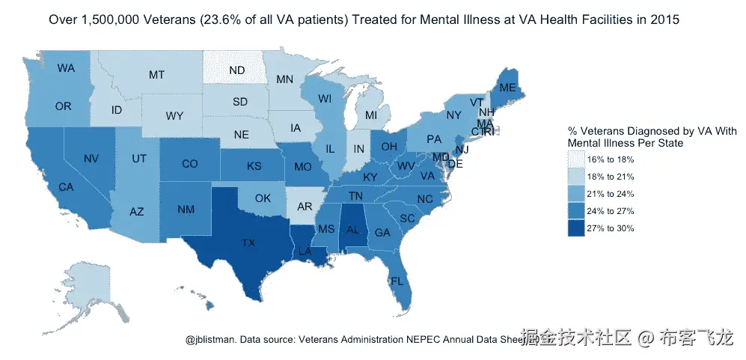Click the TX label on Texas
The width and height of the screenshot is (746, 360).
click(247, 242)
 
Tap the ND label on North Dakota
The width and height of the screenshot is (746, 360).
click(237, 70)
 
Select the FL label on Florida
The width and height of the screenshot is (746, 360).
click(397, 282)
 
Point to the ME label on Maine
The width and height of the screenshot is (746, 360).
click(508, 88)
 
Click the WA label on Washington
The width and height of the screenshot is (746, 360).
click(66, 68)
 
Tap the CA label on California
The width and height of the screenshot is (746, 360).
click(66, 187)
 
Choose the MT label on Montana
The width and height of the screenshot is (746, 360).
click(156, 75)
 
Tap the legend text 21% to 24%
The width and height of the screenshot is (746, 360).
click(611, 194)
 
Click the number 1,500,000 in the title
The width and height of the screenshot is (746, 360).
click(114, 20)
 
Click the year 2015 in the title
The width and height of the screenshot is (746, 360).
click(664, 20)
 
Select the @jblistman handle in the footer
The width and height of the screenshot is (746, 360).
click(210, 339)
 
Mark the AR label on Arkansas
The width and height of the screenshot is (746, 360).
click(305, 206)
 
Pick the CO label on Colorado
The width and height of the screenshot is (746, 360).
click(190, 164)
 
